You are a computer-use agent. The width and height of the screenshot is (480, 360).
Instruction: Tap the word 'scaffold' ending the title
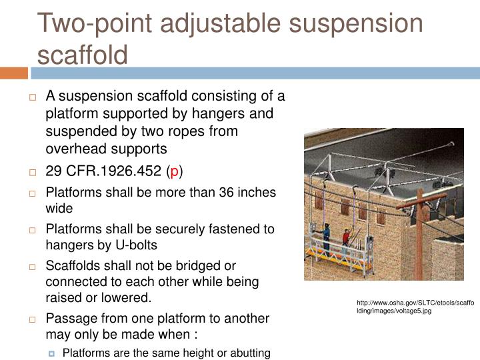pos(82,53)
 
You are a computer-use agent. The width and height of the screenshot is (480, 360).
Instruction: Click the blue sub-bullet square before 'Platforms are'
pos(53,353)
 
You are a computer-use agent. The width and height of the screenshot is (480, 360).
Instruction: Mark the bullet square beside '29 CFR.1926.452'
pos(33,171)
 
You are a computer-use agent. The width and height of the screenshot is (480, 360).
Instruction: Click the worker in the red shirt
pos(346,239)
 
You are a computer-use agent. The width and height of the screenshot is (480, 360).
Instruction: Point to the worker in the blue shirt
pos(326,233)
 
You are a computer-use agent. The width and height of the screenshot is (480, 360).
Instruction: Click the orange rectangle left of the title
pos(14,72)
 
